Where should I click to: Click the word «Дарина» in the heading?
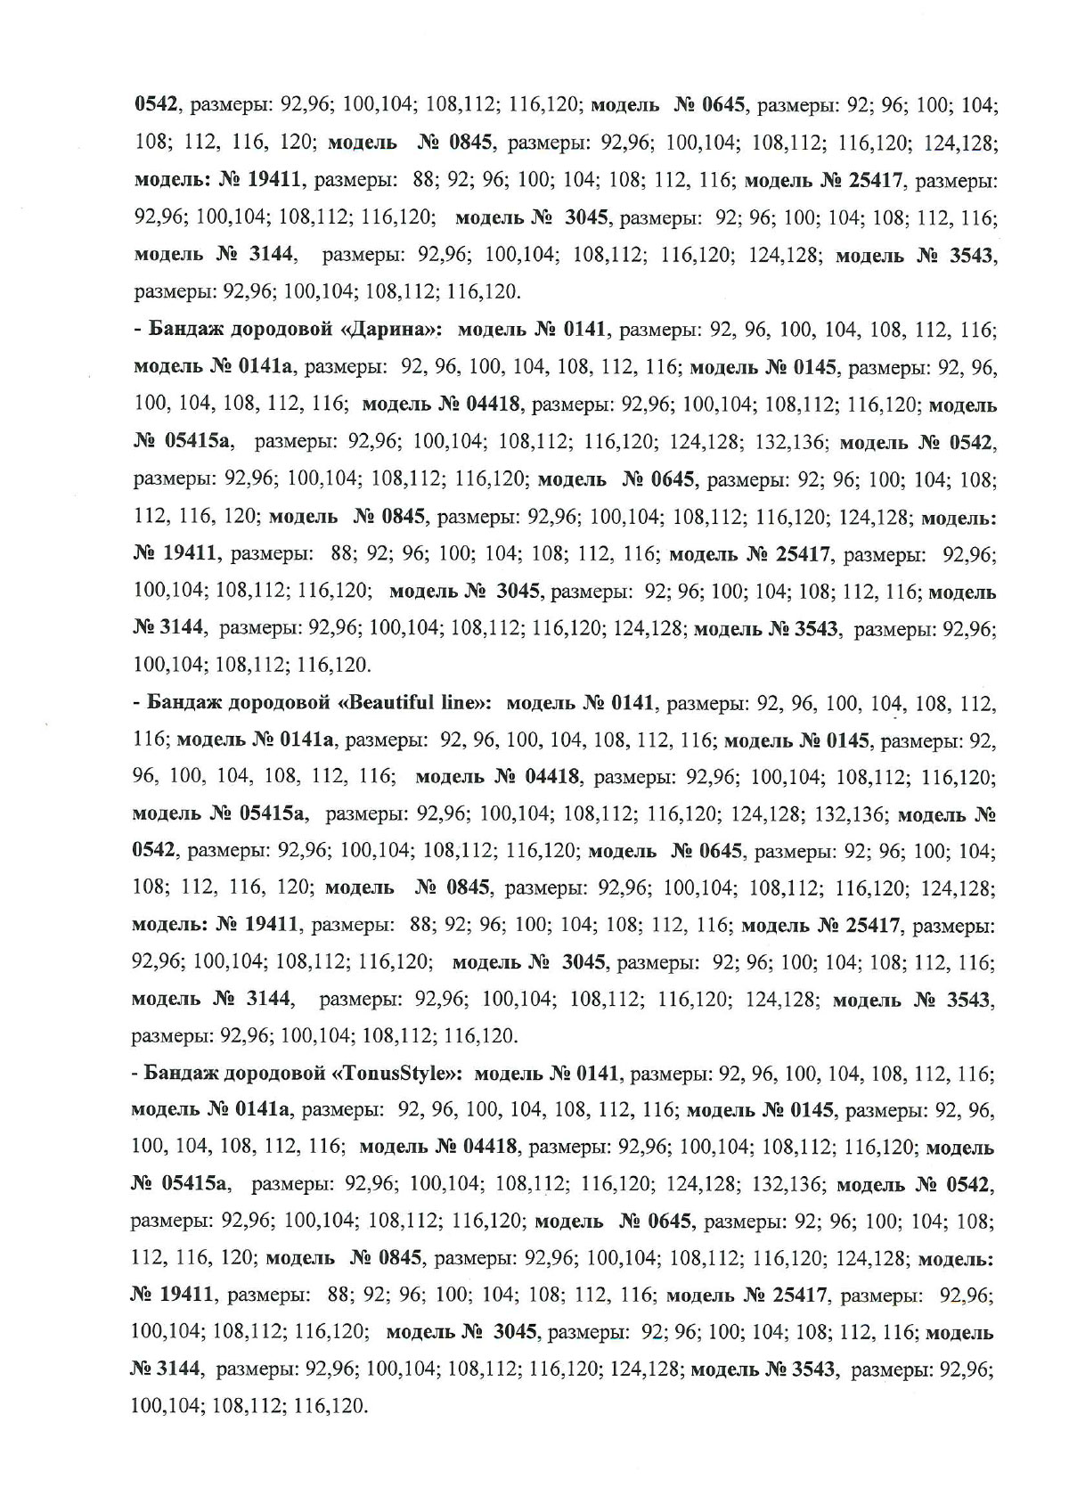point(391,331)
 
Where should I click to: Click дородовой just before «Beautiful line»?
point(279,702)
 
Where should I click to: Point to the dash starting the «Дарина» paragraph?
point(138,331)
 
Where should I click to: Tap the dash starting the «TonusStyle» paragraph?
point(135,1074)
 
